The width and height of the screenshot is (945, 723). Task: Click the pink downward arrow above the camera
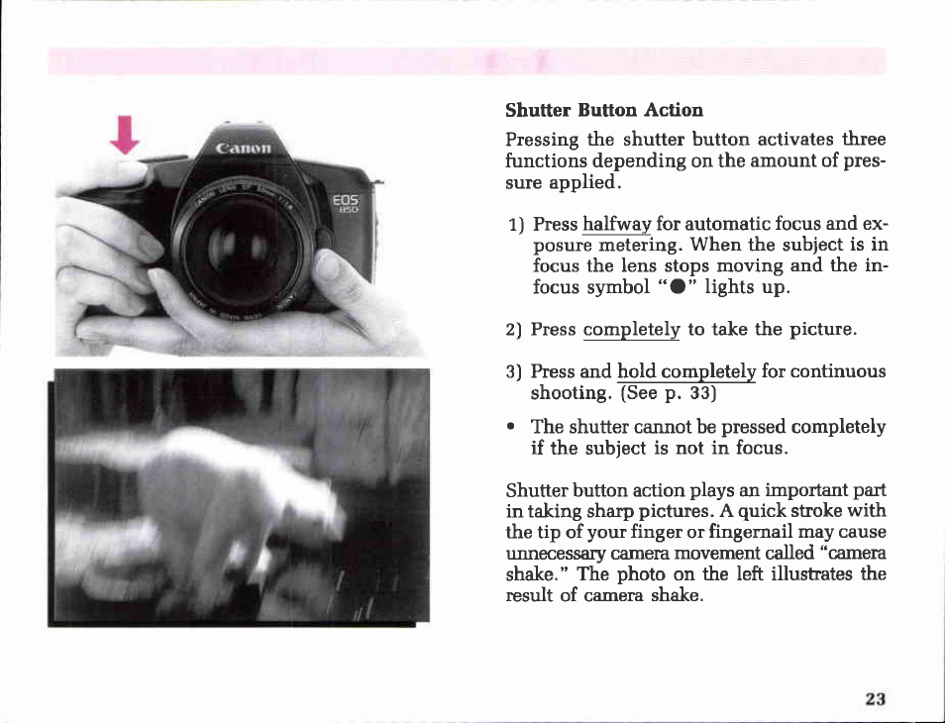click(125, 135)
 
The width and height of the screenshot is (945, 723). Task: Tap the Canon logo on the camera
click(244, 148)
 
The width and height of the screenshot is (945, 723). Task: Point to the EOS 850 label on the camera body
click(347, 204)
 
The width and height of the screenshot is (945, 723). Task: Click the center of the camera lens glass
click(241, 246)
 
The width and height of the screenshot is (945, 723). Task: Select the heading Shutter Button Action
click(604, 110)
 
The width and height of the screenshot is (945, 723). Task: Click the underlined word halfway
click(616, 224)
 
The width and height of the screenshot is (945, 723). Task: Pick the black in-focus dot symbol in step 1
click(678, 287)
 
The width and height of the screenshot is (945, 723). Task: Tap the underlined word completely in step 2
click(631, 330)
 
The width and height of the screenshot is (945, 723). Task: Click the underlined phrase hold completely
click(686, 371)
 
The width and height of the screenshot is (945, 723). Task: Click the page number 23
click(875, 699)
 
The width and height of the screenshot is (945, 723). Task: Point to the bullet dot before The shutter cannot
click(511, 427)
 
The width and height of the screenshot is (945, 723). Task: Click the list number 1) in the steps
click(516, 226)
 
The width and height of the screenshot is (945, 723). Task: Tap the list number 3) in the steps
click(513, 371)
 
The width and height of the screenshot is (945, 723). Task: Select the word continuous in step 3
click(838, 371)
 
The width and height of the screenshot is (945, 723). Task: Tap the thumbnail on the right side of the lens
click(327, 265)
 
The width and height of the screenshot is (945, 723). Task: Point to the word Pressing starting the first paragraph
click(542, 141)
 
